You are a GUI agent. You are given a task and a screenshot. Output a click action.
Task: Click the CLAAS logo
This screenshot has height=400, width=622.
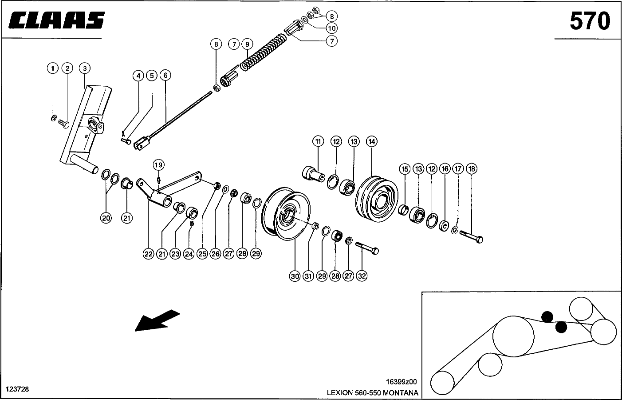click(56, 21)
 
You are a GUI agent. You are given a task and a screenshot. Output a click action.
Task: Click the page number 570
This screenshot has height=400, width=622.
click(590, 21)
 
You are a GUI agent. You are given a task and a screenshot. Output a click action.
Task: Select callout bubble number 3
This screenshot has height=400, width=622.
click(84, 68)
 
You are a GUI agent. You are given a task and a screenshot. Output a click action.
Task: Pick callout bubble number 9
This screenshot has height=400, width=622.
click(247, 44)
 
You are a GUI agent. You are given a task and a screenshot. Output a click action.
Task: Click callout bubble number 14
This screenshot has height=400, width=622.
click(371, 141)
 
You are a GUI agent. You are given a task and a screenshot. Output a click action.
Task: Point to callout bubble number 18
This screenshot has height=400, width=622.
click(471, 169)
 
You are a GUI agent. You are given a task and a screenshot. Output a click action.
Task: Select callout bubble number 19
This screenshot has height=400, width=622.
click(159, 165)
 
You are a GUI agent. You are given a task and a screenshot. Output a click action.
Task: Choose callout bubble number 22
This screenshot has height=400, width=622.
click(148, 254)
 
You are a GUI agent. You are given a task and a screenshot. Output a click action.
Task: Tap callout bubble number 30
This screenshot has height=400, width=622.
click(295, 276)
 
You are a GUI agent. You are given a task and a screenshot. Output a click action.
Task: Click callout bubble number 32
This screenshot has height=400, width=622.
click(362, 276)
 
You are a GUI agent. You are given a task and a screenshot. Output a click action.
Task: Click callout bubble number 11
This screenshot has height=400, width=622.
click(318, 141)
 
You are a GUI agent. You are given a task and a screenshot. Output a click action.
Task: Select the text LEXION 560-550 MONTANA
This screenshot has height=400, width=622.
click(372, 393)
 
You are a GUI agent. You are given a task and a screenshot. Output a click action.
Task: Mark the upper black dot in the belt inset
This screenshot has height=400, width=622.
click(547, 316)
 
